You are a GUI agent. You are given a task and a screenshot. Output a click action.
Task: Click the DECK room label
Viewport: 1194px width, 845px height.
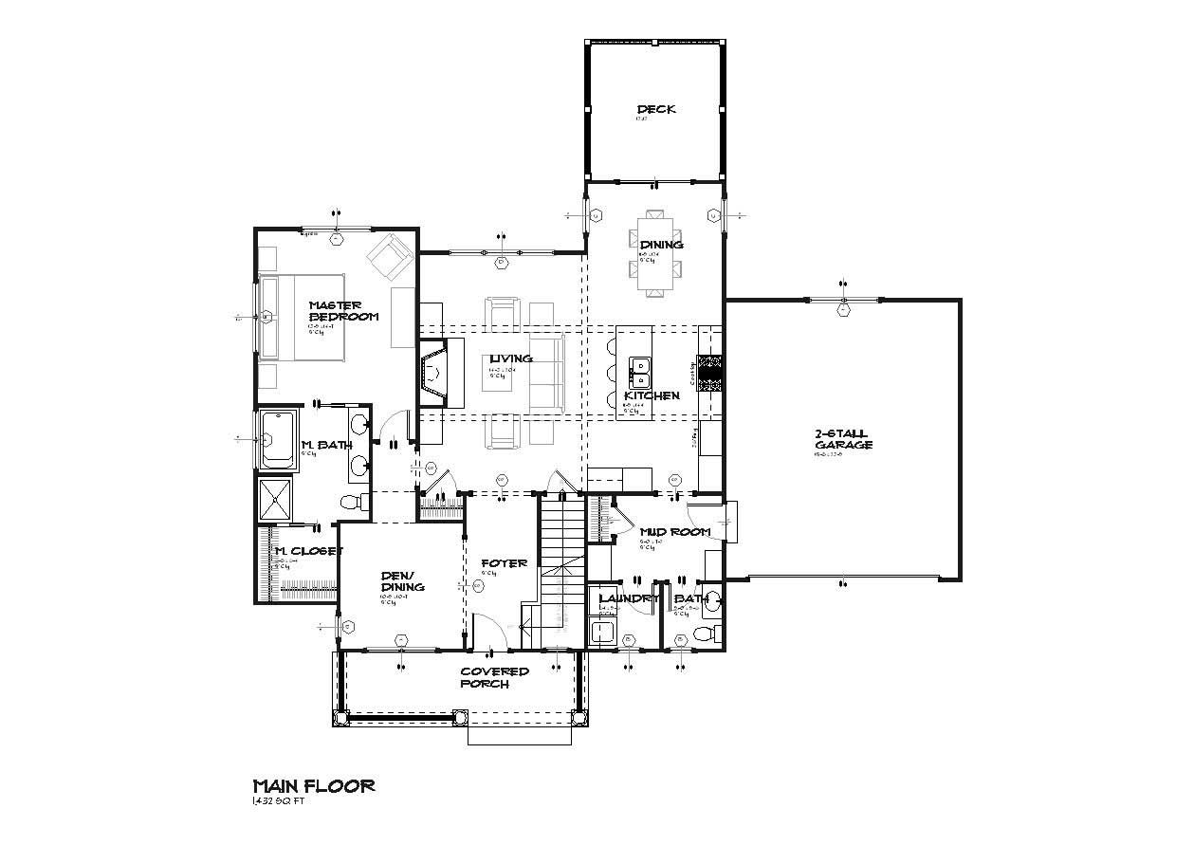[x=656, y=109]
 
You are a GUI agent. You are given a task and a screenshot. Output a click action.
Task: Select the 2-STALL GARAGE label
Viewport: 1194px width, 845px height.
[x=842, y=439]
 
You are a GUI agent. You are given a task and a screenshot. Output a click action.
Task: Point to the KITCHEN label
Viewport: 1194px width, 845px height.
[x=651, y=395]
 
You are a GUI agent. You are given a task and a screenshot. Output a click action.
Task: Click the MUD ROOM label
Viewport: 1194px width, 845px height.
[x=675, y=532]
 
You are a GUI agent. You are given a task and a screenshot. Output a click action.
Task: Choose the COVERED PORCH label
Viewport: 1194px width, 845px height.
[x=494, y=677]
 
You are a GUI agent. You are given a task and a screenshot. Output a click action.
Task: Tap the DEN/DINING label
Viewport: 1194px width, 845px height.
[x=402, y=580]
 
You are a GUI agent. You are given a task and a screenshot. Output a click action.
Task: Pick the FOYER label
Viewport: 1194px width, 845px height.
[x=503, y=563]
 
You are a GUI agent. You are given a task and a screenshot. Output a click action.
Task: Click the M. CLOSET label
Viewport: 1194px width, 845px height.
[x=306, y=551]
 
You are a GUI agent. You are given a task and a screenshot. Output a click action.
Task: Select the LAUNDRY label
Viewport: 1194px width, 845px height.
[x=629, y=598]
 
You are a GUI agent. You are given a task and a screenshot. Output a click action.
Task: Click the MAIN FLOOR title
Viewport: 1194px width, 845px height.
[x=313, y=785]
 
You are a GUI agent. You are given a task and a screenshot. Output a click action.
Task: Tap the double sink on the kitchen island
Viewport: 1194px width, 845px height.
[x=640, y=367]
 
